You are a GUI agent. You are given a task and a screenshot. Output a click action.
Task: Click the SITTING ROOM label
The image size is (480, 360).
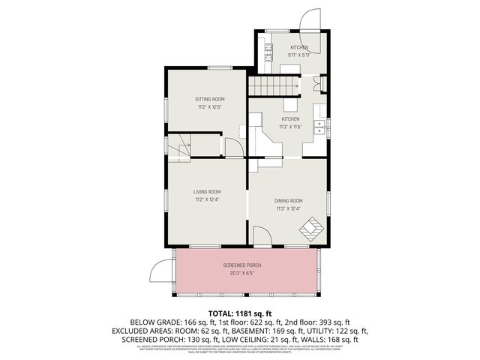click(210, 99)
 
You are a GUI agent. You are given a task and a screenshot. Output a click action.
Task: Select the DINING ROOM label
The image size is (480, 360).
click(289, 200)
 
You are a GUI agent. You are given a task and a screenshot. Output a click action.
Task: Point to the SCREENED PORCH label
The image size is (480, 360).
click(241, 266)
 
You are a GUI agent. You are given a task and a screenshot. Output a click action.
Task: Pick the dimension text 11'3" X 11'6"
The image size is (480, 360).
click(290, 127)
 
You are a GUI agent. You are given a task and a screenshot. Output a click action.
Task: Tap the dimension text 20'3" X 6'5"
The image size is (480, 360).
click(241, 274)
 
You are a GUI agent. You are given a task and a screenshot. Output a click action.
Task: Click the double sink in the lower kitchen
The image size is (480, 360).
click(320, 126)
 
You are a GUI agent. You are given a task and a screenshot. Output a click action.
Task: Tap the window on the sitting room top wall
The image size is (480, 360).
click(220, 68)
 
